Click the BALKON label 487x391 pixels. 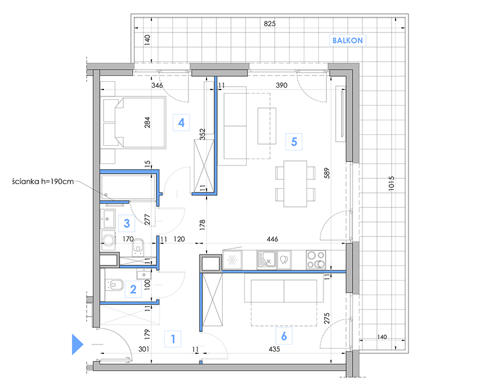(347, 40)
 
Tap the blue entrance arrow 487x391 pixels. (77, 344)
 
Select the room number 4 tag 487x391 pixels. (182, 123)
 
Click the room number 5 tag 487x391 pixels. (294, 142)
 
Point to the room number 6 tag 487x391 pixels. (284, 336)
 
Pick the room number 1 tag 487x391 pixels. (173, 339)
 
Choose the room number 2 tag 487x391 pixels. (133, 289)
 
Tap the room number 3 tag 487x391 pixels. (127, 223)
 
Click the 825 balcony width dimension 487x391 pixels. (269, 24)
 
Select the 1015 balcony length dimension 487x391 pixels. (391, 183)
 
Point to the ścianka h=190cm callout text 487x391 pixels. (43, 181)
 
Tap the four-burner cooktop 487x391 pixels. (316, 259)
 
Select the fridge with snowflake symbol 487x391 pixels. (232, 260)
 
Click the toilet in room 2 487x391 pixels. (115, 285)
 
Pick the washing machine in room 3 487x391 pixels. (108, 241)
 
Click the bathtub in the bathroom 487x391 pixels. (127, 186)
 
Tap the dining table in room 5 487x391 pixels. (295, 184)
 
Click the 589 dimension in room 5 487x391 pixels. (326, 173)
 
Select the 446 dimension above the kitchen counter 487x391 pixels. (272, 239)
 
